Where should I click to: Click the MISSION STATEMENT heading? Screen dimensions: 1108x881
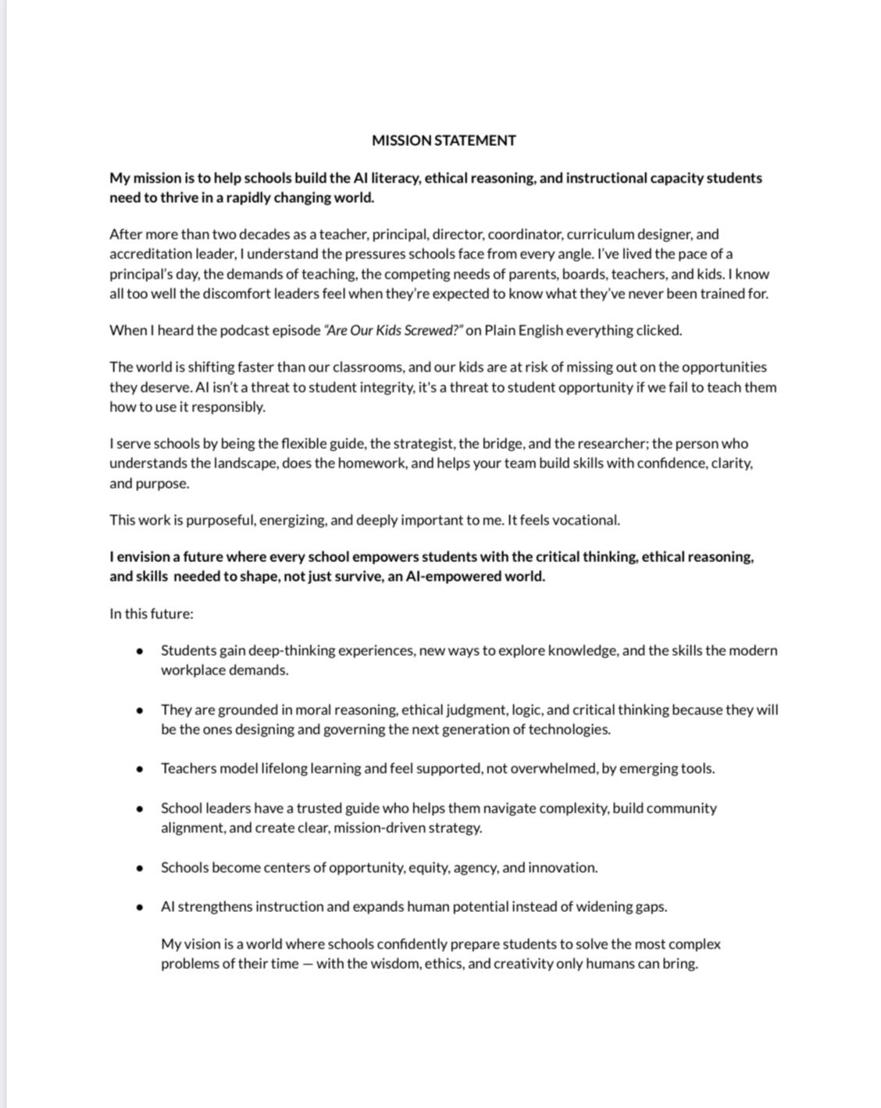tap(444, 141)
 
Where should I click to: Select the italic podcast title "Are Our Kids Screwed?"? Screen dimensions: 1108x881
tap(393, 330)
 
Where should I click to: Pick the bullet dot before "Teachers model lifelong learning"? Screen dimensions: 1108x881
tap(139, 769)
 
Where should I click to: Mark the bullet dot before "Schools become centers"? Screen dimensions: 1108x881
tap(139, 868)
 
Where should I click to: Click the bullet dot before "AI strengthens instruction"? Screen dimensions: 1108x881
tap(139, 907)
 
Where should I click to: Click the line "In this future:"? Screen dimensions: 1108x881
tap(152, 614)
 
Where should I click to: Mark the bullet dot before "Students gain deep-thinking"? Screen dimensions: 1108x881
tap(139, 651)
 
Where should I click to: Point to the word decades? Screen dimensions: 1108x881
tap(264, 234)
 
